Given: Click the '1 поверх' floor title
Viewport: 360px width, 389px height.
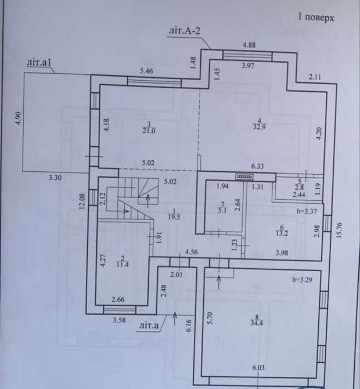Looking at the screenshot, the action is tap(316, 17).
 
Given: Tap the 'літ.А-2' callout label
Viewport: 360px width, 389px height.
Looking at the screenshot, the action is tap(184, 31).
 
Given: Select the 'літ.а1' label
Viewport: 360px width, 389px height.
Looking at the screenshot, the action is tap(39, 63).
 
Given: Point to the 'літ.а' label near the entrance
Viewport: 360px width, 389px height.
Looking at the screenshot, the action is tap(149, 325).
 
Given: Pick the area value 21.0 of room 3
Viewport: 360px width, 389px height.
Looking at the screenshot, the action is tap(149, 131).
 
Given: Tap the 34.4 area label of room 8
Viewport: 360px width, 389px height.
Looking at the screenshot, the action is tap(257, 323).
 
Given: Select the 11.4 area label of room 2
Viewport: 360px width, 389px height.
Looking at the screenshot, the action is tap(123, 264).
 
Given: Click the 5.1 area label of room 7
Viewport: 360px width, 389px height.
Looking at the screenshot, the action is tap(222, 211).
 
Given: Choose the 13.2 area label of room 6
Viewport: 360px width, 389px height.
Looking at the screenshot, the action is tap(282, 233).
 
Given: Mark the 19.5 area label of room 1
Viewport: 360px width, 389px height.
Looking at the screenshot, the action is tap(174, 217).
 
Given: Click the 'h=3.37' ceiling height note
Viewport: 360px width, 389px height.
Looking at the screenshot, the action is tap(307, 211).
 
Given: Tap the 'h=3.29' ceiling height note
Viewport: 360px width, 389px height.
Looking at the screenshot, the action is tap(302, 280).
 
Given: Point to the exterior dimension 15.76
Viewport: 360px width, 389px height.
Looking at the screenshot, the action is tap(340, 230).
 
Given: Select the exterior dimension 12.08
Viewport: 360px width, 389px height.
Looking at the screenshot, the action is tap(82, 201).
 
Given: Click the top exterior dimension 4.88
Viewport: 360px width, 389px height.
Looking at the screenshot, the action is tap(249, 45).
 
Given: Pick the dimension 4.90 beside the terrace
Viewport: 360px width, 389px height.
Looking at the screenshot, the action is tap(19, 119).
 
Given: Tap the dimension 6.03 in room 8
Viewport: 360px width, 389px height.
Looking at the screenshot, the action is tap(258, 368).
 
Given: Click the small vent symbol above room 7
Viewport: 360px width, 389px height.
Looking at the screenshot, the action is tap(244, 177).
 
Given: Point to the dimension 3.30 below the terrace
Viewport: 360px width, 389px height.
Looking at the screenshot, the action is tap(55, 178).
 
